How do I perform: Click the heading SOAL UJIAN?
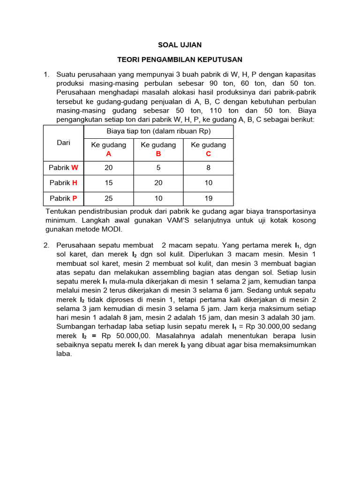tap(180, 45)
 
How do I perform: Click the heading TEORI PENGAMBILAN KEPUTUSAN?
tap(180, 60)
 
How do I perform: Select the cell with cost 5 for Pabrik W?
tap(158, 168)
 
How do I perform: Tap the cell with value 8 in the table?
tap(208, 168)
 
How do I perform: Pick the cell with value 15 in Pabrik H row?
tap(108, 183)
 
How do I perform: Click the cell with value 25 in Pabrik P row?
tap(108, 198)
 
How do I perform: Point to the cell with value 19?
tap(208, 198)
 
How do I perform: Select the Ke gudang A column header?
tap(108, 149)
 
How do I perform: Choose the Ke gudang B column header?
tap(158, 149)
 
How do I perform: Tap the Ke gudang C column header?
tap(208, 149)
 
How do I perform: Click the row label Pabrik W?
tap(63, 168)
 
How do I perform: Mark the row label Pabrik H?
tap(63, 183)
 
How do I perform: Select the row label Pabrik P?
tap(63, 198)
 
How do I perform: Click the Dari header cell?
tap(63, 143)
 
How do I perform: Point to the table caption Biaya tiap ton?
tap(158, 131)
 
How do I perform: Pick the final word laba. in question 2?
tap(64, 354)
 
